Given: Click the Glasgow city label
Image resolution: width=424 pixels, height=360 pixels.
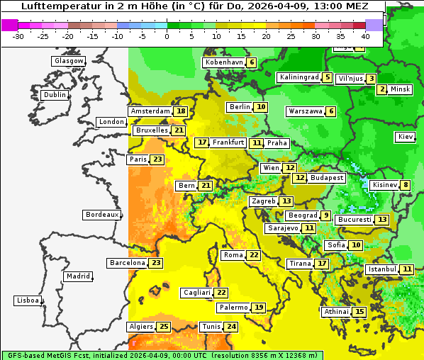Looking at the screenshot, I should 69,61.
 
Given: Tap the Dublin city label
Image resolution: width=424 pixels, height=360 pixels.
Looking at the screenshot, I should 54,95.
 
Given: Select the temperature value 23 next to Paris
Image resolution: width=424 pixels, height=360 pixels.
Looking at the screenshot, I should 157,159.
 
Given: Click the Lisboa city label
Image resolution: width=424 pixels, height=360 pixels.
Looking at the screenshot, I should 27,300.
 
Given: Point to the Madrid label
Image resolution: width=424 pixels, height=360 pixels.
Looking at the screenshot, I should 77,276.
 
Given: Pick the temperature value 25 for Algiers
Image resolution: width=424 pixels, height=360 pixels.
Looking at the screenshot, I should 164,327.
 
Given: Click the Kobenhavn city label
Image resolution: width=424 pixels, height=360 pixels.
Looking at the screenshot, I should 223,62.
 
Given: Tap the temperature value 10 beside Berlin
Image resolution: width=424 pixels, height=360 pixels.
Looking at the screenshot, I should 261,107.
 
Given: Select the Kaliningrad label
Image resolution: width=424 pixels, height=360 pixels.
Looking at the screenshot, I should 299,77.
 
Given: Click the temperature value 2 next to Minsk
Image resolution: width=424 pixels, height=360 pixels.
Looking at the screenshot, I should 382,89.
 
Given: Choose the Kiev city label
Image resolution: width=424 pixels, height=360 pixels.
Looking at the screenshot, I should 406,137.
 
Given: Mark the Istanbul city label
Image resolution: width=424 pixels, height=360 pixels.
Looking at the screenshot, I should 381,269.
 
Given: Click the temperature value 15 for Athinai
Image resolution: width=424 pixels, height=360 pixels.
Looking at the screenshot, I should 359,312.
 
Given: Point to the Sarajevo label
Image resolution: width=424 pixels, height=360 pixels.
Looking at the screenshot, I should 282,228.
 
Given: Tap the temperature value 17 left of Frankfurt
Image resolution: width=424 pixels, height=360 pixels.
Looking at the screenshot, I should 203,142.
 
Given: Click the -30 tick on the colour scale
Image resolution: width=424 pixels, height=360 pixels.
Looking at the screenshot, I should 18,35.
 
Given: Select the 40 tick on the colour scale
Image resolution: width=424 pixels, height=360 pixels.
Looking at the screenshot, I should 365,35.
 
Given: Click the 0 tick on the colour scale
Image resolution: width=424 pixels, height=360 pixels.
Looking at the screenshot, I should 167,35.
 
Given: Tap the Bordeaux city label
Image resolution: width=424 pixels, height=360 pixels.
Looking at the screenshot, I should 101,214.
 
